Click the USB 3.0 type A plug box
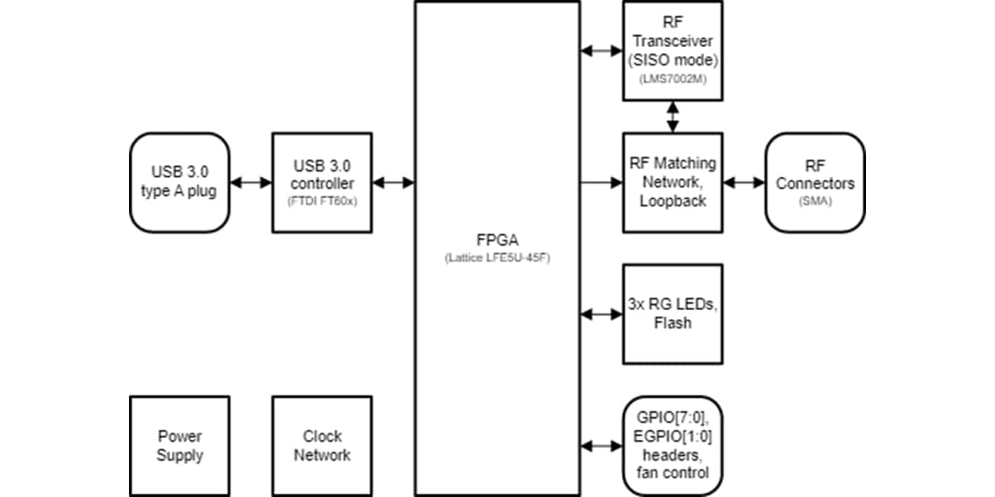(x=180, y=182)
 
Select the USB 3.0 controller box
(x=322, y=182)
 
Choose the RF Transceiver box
(x=673, y=51)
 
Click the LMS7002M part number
(x=673, y=80)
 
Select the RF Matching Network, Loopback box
(x=673, y=182)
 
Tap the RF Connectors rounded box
(x=814, y=182)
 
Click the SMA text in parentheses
(x=815, y=201)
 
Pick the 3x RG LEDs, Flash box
(x=673, y=314)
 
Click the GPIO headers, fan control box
(x=673, y=445)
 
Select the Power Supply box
(x=180, y=445)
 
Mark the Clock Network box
(x=322, y=445)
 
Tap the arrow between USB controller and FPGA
(x=394, y=183)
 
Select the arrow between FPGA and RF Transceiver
(x=602, y=51)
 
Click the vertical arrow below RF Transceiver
(x=673, y=116)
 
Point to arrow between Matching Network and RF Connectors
(x=743, y=183)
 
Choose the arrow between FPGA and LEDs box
(x=602, y=314)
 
